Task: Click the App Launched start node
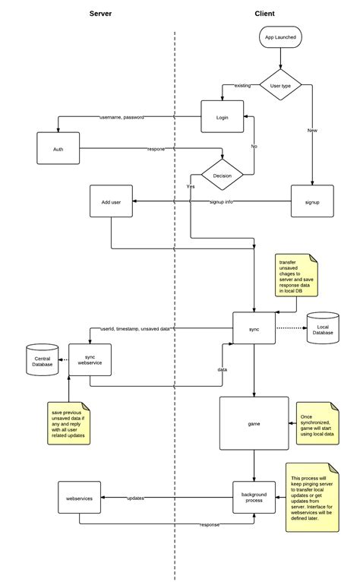(x=280, y=37)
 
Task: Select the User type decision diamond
(x=280, y=86)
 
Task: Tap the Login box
(x=222, y=118)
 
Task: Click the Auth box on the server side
(x=58, y=149)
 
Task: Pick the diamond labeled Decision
(x=222, y=175)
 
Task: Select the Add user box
(x=111, y=202)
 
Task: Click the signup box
(x=312, y=202)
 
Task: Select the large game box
(x=254, y=422)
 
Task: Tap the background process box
(x=254, y=498)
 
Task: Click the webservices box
(x=80, y=498)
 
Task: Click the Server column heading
(x=101, y=14)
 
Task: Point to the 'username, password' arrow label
(x=122, y=118)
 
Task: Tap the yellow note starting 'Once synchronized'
(x=315, y=422)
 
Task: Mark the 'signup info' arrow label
(x=222, y=202)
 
